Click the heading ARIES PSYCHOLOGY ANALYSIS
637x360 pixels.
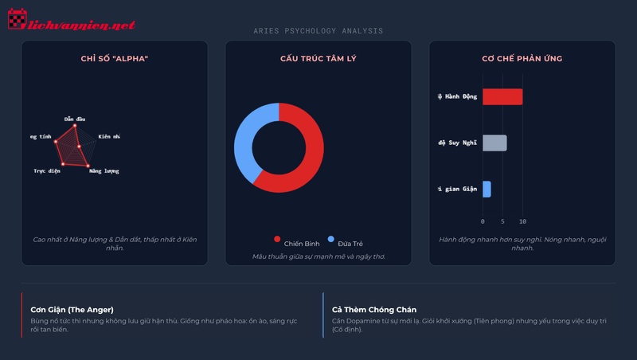318,31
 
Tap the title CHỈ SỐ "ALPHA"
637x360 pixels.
114,59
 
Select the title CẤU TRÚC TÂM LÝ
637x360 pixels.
318,59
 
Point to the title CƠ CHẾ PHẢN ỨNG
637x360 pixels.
522,59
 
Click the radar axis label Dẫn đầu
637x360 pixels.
75,119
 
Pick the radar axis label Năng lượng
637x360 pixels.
104,171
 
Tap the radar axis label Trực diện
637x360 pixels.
47,171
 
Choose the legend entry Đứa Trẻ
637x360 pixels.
344,242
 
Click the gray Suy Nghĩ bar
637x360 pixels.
494,143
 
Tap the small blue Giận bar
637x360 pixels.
487,189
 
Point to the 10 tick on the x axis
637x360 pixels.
522,221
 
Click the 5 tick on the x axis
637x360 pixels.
502,221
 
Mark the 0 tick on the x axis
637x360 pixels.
483,221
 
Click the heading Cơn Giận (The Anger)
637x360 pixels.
72,309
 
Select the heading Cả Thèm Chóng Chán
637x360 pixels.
374,309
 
